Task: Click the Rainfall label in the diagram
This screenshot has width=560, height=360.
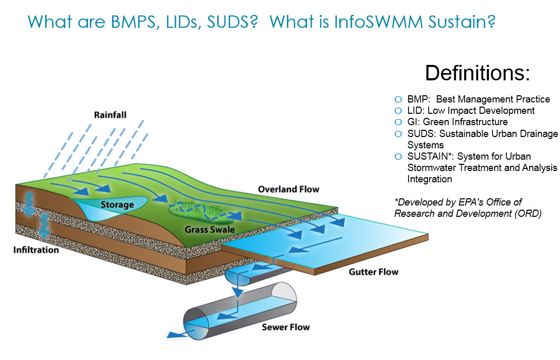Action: coord(110,115)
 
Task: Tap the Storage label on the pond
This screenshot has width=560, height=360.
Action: coord(117,204)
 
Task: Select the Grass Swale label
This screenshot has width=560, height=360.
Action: coord(210,229)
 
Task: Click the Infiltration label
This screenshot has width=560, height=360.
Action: coord(36,250)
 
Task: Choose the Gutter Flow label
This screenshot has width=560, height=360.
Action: coord(374,272)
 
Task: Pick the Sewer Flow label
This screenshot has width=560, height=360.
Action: coord(285,327)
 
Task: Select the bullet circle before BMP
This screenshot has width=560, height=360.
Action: coord(398,99)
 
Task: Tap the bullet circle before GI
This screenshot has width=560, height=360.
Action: coord(398,122)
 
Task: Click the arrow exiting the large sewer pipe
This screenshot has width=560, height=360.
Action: coord(177,335)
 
